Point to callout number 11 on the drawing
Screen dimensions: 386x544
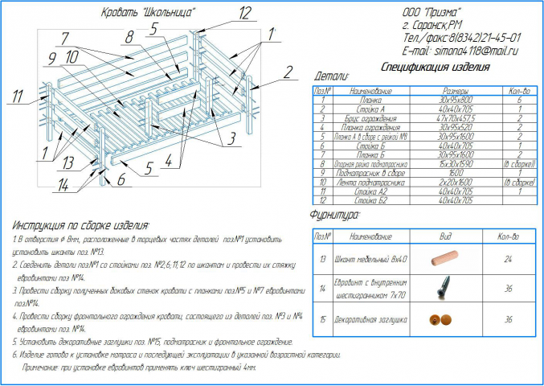pyautogui.click(x=15, y=98)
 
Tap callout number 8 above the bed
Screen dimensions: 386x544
pyautogui.click(x=128, y=37)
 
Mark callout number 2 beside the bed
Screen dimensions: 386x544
pyautogui.click(x=286, y=72)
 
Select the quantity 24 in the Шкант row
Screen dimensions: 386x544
pyautogui.click(x=507, y=260)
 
